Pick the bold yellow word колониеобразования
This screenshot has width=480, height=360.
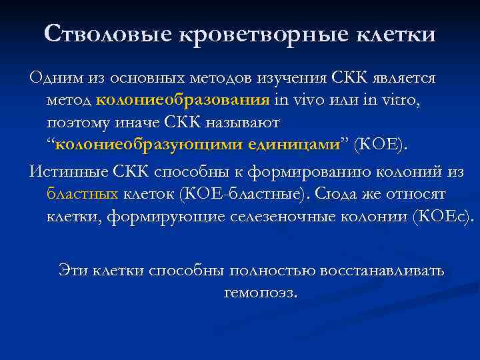182,101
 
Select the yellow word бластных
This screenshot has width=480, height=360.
83,194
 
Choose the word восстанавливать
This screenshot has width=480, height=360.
379,271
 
